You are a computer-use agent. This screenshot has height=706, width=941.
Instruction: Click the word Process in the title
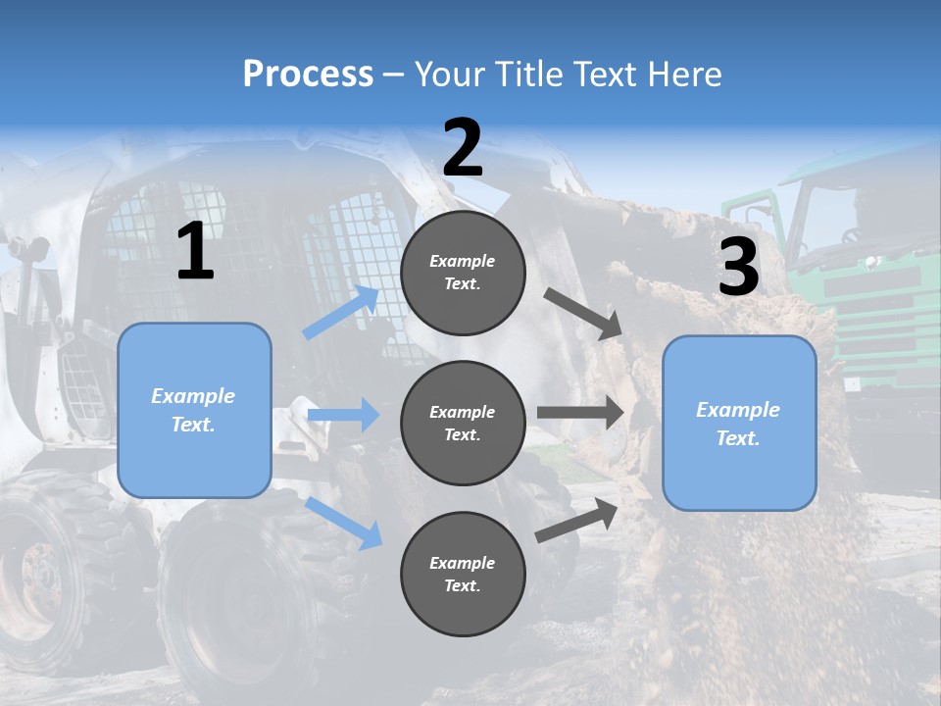(x=308, y=74)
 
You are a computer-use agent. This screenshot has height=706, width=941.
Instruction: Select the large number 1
(x=195, y=252)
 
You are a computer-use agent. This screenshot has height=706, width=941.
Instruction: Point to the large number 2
(x=463, y=148)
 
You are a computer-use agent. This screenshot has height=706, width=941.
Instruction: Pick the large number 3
(x=738, y=267)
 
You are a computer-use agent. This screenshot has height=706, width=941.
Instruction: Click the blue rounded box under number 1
(x=194, y=410)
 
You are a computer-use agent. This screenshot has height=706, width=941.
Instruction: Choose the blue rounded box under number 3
(x=739, y=423)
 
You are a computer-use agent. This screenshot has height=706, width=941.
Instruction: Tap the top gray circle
(x=463, y=273)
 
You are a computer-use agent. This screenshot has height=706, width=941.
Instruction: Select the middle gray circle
(x=463, y=423)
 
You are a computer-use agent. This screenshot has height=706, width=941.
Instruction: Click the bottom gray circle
(x=463, y=574)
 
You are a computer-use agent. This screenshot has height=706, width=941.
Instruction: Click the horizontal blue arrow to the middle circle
(x=344, y=415)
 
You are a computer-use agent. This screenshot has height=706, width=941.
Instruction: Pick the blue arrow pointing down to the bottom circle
(x=344, y=523)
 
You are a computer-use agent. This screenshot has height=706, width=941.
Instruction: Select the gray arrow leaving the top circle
(x=584, y=314)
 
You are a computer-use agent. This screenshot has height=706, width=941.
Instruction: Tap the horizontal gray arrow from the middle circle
(x=580, y=412)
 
